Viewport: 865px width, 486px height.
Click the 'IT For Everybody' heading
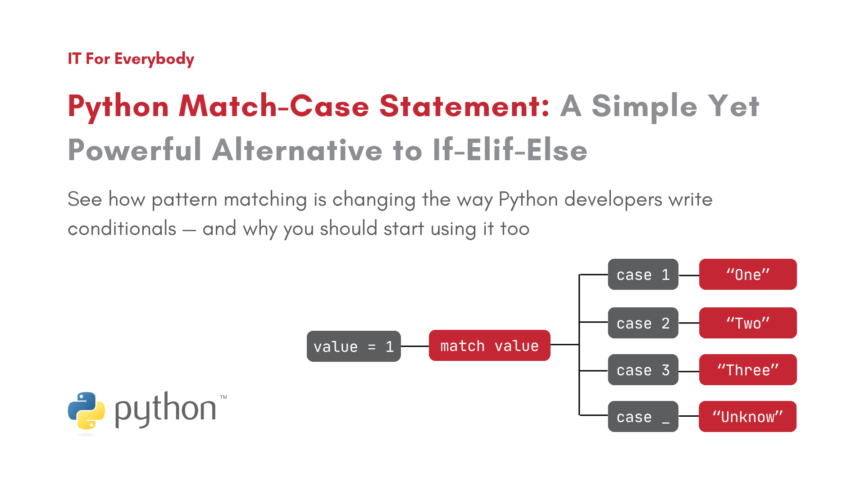pyautogui.click(x=131, y=59)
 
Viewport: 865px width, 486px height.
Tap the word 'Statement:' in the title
pyautogui.click(x=464, y=106)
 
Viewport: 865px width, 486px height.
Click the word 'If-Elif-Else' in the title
pyautogui.click(x=510, y=150)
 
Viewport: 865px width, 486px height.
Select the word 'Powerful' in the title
pyautogui.click(x=135, y=150)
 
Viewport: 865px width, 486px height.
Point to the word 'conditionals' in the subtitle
pyautogui.click(x=122, y=229)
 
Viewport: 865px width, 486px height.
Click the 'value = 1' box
pyautogui.click(x=354, y=346)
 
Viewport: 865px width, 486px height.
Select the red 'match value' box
pyautogui.click(x=490, y=346)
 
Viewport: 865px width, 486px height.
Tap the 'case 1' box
pyautogui.click(x=643, y=274)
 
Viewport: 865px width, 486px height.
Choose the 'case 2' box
pyautogui.click(x=643, y=323)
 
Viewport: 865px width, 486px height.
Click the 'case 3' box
pyautogui.click(x=643, y=370)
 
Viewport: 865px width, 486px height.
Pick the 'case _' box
pyautogui.click(x=643, y=417)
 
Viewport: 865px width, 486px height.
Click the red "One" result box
pyautogui.click(x=748, y=274)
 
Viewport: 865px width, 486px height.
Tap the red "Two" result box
pyautogui.click(x=748, y=323)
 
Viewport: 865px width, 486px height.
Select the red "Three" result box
pyautogui.click(x=748, y=370)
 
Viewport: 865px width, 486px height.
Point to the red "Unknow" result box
pyautogui.click(x=748, y=417)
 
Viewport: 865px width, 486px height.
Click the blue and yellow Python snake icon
pyautogui.click(x=86, y=411)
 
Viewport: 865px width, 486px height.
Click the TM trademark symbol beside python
pyautogui.click(x=223, y=397)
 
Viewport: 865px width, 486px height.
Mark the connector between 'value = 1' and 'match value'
pyautogui.click(x=415, y=346)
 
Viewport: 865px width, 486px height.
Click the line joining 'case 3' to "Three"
pyautogui.click(x=689, y=371)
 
